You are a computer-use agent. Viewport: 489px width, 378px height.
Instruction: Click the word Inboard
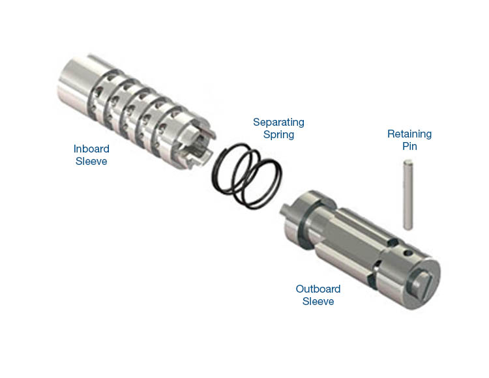point(91,149)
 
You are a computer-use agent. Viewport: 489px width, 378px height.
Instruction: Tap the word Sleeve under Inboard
point(91,161)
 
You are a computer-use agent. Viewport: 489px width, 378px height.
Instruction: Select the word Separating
point(278,122)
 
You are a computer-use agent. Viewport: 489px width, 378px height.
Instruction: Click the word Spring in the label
point(278,135)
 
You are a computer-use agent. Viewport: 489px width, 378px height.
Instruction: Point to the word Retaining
point(409,134)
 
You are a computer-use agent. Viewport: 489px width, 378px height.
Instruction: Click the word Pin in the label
point(409,146)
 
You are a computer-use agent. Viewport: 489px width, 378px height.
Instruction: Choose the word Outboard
point(318,289)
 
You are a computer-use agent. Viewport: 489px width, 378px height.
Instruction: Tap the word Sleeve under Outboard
point(318,301)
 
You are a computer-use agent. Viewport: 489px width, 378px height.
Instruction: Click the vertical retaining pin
point(408,195)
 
